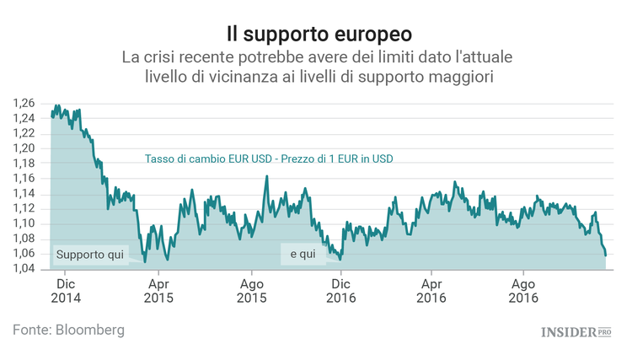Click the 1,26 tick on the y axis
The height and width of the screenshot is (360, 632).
pos(24,103)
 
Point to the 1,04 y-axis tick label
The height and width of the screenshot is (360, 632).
pos(24,269)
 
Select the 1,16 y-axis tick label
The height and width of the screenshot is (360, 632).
pos(24,179)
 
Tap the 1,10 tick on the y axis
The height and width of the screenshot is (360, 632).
pos(24,223)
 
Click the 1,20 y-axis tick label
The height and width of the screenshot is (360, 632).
pos(24,148)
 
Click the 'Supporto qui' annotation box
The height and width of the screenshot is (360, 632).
pos(89,254)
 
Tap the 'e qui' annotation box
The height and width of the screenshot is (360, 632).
pos(302,254)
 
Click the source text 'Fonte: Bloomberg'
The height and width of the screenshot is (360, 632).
pos(68,330)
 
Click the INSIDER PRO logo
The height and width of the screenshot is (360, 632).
pos(575,332)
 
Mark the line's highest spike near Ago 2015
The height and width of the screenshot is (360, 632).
pos(267,176)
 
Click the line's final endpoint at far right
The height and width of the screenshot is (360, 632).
pos(605,255)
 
